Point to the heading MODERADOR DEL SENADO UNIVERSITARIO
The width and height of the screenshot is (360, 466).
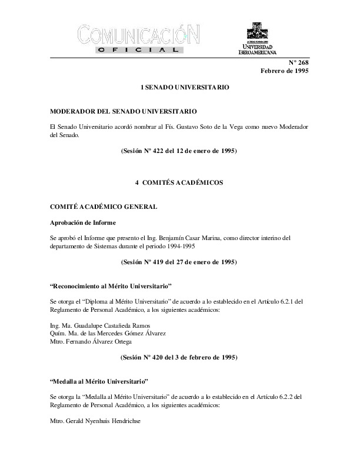coord(124,111)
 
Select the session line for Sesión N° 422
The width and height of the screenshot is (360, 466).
coord(179,151)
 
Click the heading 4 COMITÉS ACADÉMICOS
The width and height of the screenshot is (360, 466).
coord(179,183)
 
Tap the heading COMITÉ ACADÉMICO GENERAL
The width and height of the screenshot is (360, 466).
coord(103,207)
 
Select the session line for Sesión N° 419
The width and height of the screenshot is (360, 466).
coord(179,262)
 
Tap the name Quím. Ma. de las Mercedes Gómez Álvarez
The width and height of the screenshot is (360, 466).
coord(108,333)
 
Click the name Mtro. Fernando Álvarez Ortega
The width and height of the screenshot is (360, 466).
coord(91,341)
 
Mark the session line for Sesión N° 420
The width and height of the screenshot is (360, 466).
coord(179,357)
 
